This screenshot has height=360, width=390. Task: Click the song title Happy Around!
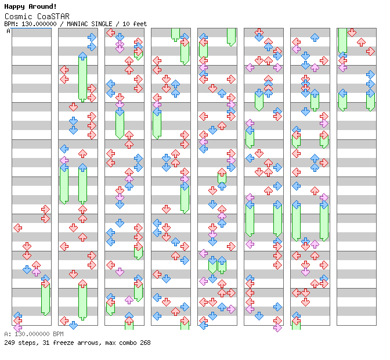(30, 6)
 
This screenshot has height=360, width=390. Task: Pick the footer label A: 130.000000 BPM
(34, 334)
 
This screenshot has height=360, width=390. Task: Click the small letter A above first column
(8, 31)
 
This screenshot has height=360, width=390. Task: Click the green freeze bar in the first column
(45, 298)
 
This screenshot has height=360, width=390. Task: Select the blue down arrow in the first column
(27, 269)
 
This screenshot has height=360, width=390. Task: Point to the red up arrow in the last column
(361, 42)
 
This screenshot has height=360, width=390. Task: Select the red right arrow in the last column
(370, 51)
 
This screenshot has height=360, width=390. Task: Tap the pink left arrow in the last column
(343, 67)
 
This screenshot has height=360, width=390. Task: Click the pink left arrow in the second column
(64, 160)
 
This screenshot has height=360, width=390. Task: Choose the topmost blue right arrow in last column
(370, 74)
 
